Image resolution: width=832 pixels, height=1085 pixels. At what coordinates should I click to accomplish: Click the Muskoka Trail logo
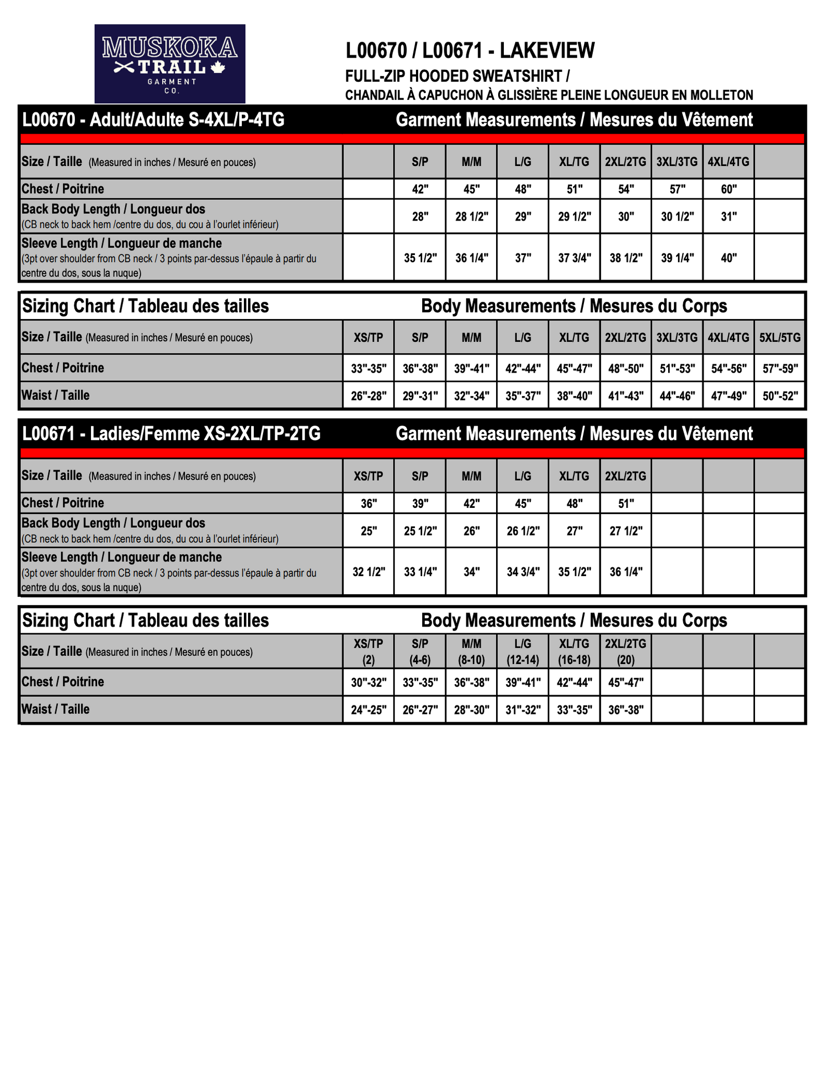(170, 63)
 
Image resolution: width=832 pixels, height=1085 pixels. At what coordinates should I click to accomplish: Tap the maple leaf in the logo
(218, 67)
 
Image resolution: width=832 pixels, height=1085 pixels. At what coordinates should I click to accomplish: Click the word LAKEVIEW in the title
(547, 50)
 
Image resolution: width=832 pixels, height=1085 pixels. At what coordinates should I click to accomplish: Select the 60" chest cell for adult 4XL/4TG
(728, 189)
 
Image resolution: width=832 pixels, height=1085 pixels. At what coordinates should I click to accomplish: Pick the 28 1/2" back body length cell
(471, 216)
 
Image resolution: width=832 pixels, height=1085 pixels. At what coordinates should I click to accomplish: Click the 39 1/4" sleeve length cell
(677, 258)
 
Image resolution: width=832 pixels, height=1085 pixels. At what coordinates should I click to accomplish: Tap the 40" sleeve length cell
(728, 258)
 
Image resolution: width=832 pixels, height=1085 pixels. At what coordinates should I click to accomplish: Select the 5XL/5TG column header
(779, 338)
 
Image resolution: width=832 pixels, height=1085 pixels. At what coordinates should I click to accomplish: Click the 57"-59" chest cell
(779, 368)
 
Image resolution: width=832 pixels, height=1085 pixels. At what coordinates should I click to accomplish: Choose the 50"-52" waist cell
(779, 396)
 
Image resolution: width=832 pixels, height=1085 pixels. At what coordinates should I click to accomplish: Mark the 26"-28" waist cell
(368, 396)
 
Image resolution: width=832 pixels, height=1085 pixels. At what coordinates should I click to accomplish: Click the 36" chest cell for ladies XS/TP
(368, 504)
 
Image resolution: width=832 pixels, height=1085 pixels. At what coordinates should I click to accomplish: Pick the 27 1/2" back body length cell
(626, 531)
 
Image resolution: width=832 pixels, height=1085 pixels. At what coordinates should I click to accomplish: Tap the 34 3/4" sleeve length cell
(523, 572)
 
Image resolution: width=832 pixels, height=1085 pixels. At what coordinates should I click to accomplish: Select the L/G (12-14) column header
(523, 652)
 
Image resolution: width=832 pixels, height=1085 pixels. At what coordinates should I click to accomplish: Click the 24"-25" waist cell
(368, 710)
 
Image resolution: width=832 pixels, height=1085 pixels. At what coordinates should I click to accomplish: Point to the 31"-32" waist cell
(523, 710)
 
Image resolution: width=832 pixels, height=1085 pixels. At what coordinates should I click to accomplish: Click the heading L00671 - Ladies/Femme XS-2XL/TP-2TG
(171, 434)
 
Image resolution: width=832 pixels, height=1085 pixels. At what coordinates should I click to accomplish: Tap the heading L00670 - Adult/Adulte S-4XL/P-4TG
(153, 120)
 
